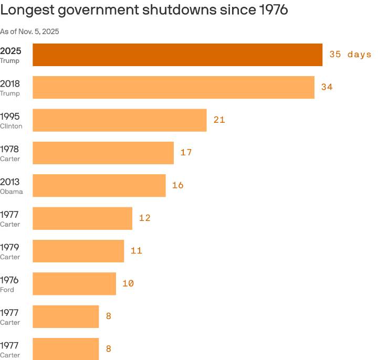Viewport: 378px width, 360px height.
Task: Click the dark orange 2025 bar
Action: point(177,55)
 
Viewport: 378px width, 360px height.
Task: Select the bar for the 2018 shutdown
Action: point(173,87)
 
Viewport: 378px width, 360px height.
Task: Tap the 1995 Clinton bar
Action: point(120,120)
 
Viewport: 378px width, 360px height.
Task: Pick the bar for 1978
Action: point(103,153)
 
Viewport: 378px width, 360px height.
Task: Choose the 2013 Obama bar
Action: point(99,185)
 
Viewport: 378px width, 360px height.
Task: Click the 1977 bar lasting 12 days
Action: point(82,218)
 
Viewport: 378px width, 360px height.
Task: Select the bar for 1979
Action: point(78,251)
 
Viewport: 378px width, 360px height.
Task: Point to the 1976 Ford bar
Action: point(74,283)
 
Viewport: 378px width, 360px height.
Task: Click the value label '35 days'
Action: point(350,55)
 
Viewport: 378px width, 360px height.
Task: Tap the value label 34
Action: point(327,87)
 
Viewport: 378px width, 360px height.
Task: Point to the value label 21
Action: point(219,120)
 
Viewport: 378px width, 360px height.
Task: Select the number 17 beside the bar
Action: point(186,153)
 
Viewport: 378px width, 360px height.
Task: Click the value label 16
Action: point(177,185)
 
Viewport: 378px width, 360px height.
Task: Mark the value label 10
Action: point(128,283)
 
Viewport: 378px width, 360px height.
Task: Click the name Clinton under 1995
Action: point(11,126)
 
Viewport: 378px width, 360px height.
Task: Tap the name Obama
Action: point(12,192)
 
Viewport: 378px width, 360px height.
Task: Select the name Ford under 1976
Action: point(7,290)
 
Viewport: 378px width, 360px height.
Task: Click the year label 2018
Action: point(9,83)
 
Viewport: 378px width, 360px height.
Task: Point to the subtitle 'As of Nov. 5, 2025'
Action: point(29,31)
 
